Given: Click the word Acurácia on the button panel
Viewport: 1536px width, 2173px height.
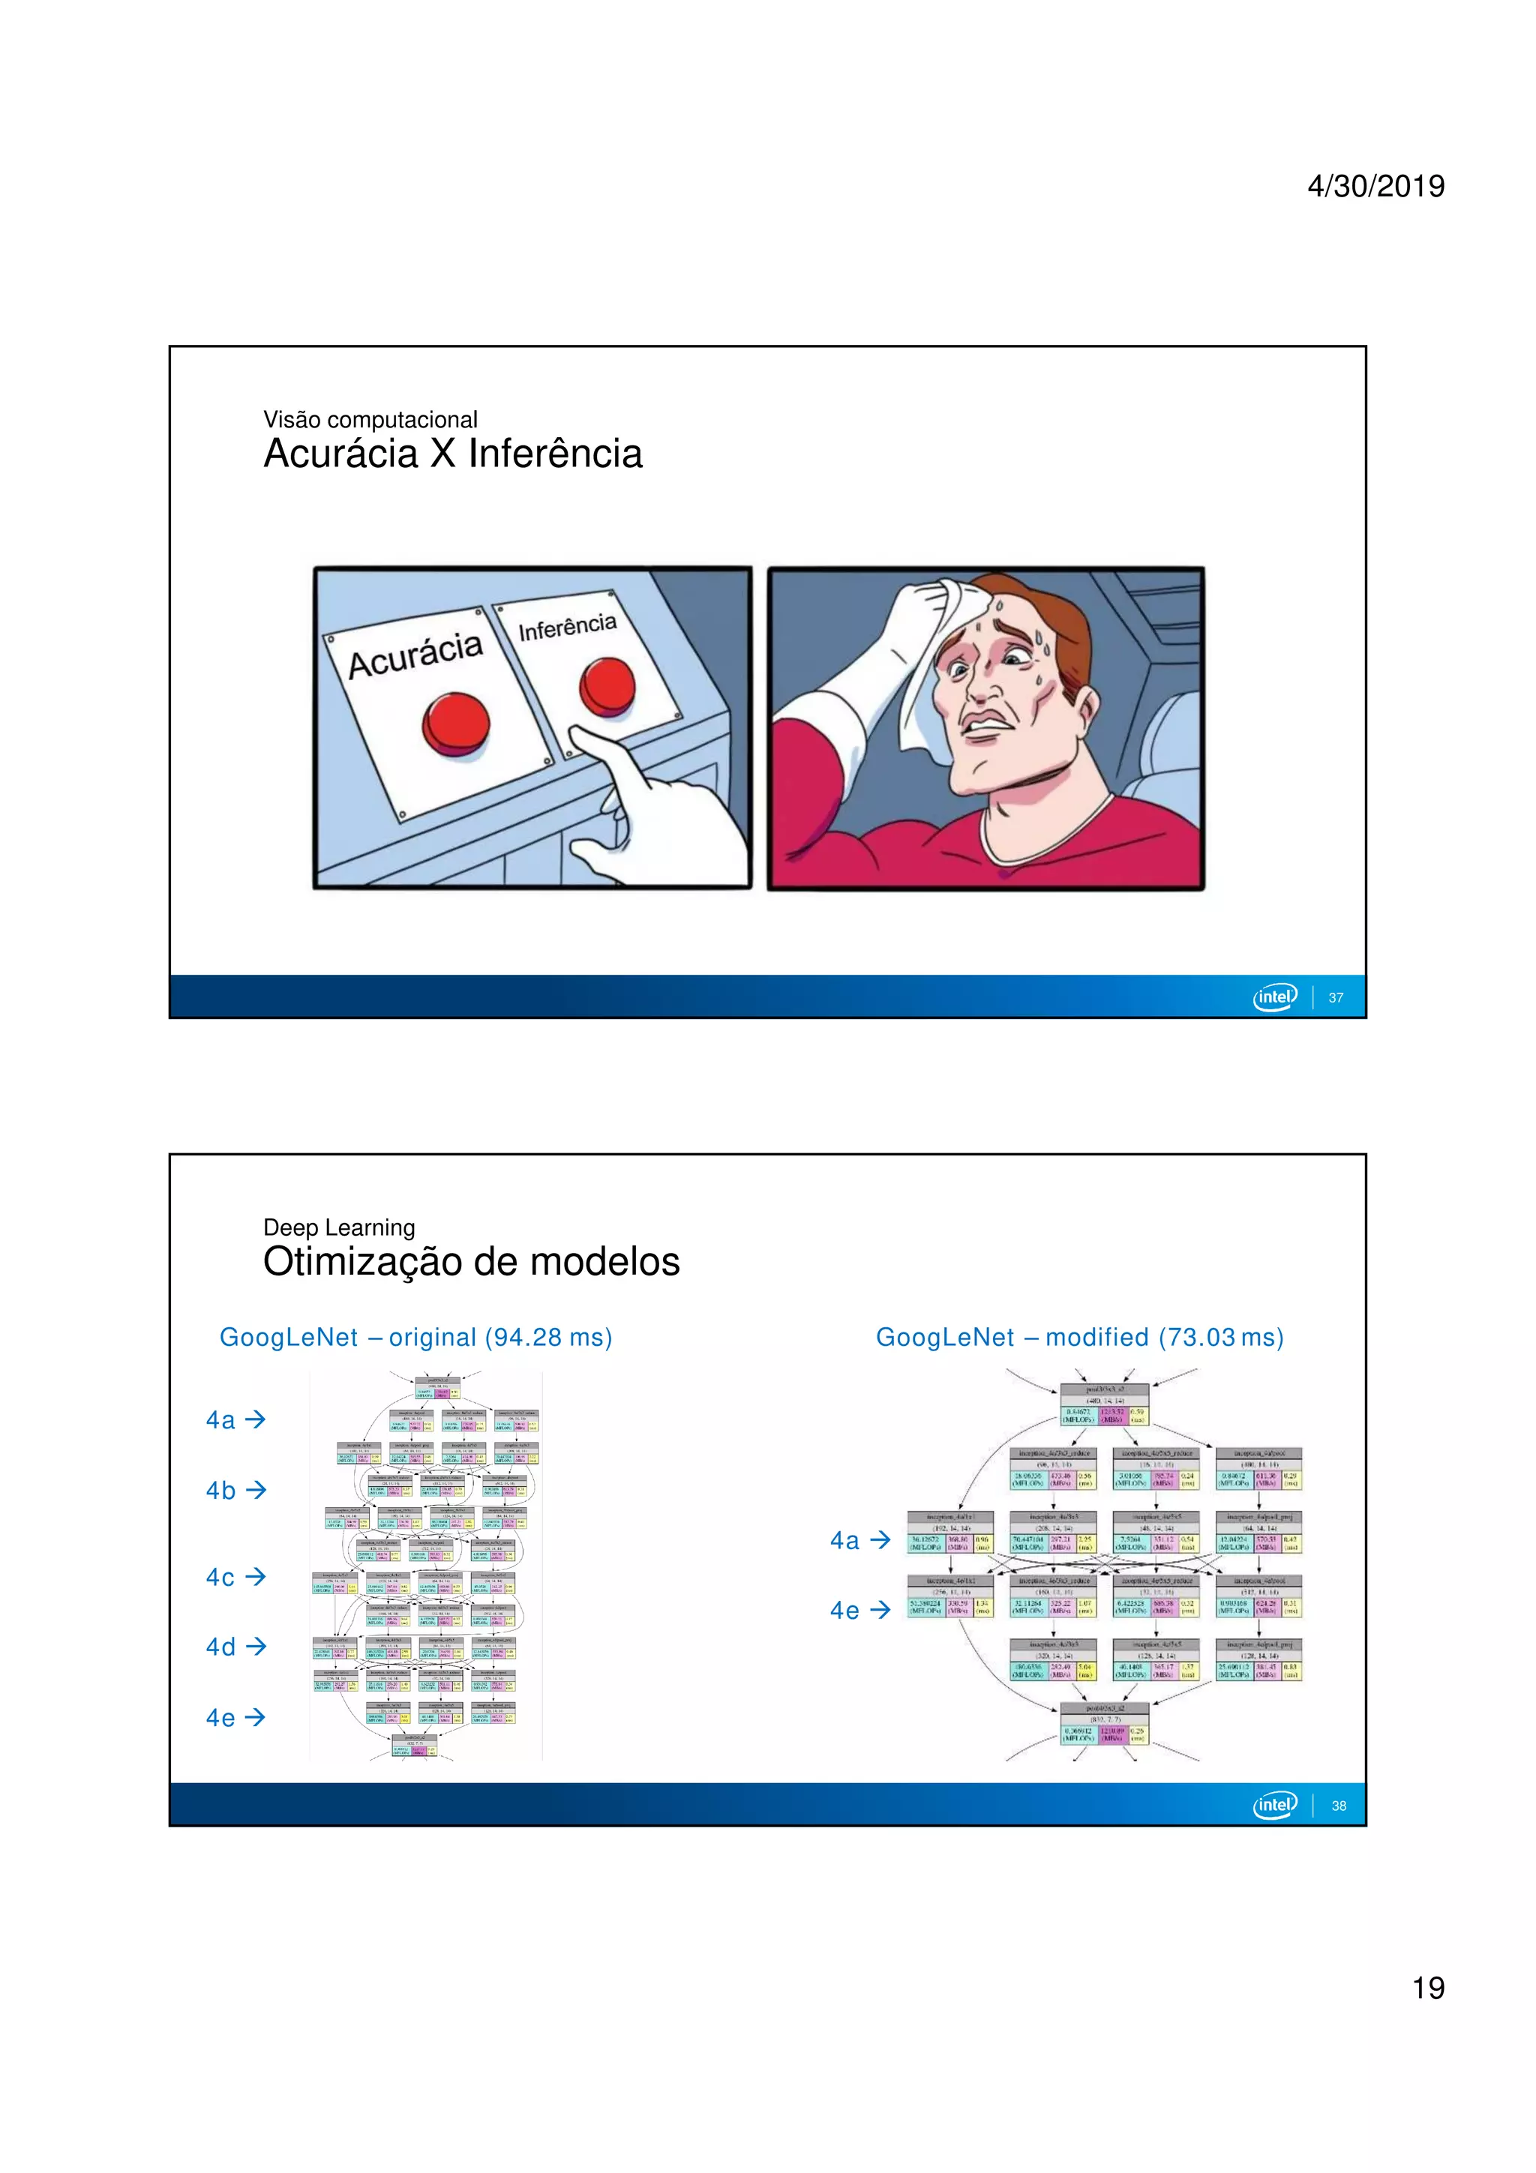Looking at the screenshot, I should pyautogui.click(x=415, y=654).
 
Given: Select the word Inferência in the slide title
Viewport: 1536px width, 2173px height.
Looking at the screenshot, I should pyautogui.click(x=554, y=454).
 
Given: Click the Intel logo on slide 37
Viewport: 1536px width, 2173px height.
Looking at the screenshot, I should pyautogui.click(x=1275, y=997).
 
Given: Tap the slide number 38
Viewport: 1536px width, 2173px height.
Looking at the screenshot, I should pyautogui.click(x=1338, y=1805).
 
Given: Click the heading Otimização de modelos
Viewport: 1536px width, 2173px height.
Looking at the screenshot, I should pyautogui.click(x=471, y=1262).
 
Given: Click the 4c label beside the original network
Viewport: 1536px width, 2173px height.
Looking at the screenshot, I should pyautogui.click(x=220, y=1578).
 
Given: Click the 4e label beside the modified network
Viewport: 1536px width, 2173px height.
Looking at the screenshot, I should pyautogui.click(x=844, y=1611).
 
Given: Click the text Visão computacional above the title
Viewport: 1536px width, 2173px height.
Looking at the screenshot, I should pyautogui.click(x=370, y=419).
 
